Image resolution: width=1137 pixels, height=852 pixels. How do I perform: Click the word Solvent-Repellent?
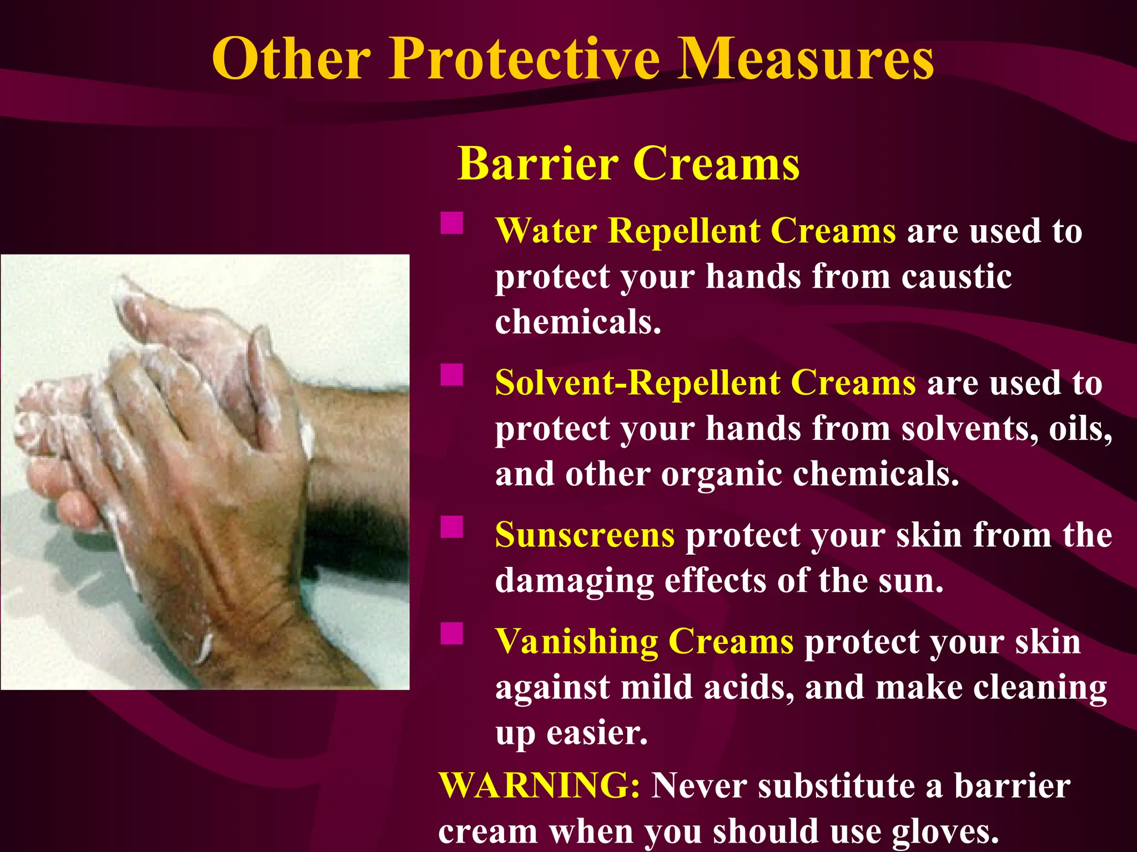637,383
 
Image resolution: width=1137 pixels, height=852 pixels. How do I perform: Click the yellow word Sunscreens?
585,535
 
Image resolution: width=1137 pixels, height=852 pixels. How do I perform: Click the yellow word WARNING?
539,786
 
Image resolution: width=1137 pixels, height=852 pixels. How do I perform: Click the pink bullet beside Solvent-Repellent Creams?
452,375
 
